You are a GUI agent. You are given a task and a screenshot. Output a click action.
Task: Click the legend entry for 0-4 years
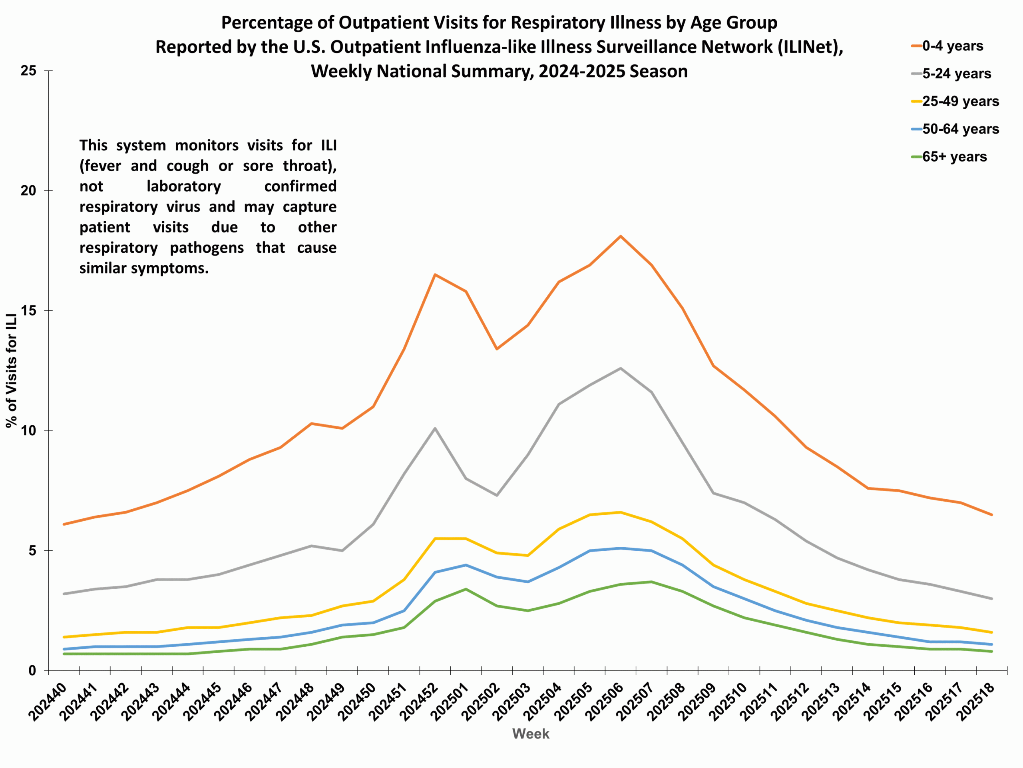[952, 46]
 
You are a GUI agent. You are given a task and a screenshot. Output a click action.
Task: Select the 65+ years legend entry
[953, 157]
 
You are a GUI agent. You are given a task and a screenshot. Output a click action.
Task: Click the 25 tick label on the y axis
[28, 71]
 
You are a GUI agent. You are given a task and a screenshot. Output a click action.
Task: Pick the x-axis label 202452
[420, 701]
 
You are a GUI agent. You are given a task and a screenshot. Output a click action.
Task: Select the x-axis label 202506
[605, 701]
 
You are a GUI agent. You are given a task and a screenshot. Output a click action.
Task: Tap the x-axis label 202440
[48, 701]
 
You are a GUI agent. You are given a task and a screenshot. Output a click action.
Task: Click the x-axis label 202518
[977, 701]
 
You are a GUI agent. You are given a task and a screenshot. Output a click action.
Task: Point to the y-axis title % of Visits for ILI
[12, 370]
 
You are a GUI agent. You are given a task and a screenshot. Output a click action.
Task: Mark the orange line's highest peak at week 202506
[621, 236]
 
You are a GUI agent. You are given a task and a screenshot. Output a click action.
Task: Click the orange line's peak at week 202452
[435, 274]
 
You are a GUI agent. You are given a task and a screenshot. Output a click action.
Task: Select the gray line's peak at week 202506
[621, 368]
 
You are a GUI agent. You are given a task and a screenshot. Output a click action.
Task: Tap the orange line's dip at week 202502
[497, 349]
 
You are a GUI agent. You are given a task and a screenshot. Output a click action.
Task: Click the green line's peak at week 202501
[466, 589]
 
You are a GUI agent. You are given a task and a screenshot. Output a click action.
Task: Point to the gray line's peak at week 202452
[435, 428]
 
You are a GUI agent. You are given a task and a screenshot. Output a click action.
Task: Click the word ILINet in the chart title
[805, 47]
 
